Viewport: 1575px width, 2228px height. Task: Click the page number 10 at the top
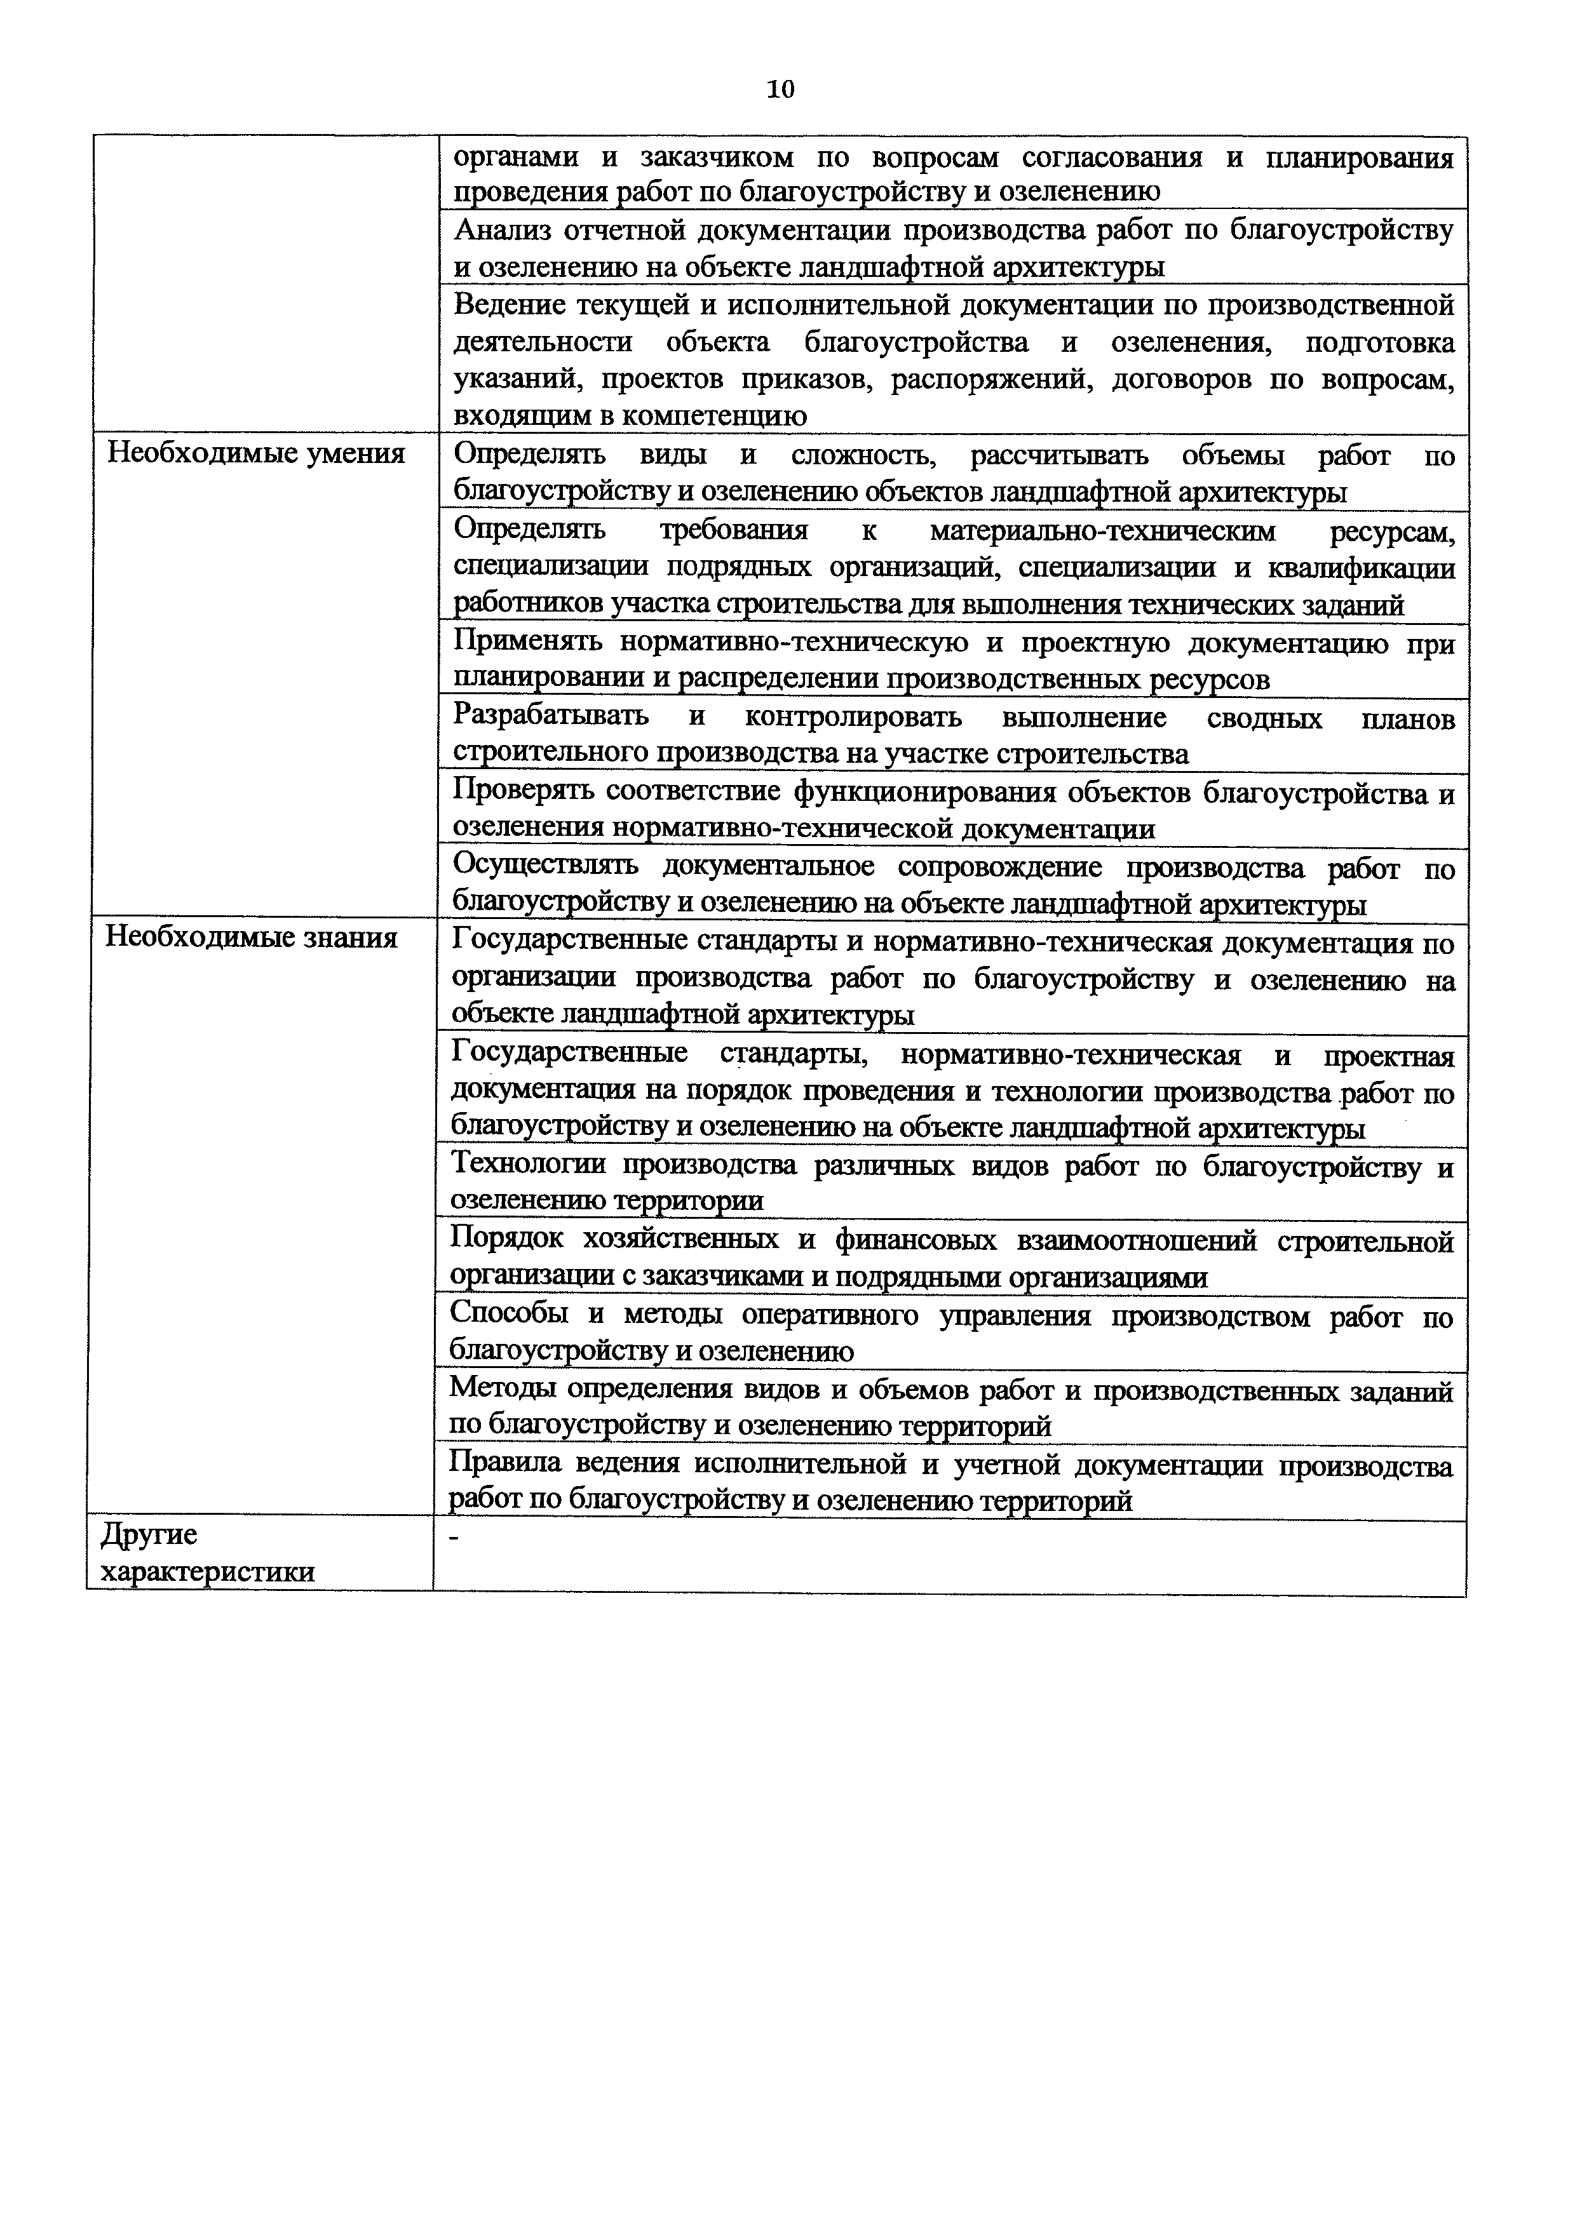pos(780,90)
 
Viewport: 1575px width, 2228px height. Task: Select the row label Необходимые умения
pos(255,453)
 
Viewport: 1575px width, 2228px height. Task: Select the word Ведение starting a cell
pos(510,305)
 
